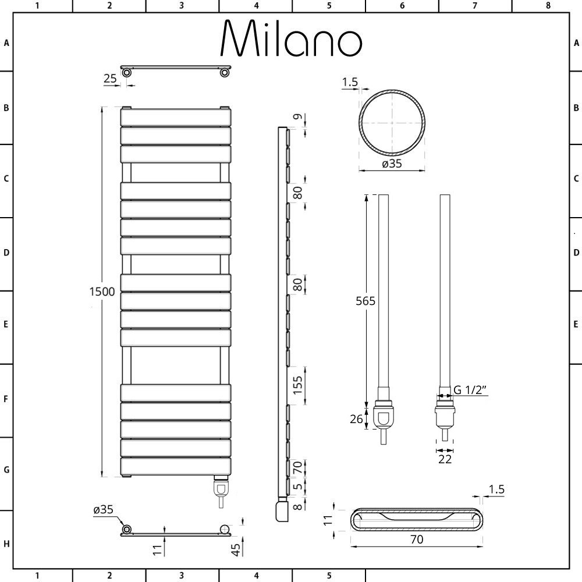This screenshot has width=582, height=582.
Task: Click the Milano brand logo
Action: [x=292, y=38]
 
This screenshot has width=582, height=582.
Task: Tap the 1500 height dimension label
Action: [x=102, y=292]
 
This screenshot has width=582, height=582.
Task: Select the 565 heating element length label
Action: [x=365, y=301]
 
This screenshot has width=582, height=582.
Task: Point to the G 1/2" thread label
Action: [x=470, y=390]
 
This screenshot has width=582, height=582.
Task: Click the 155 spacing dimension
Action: [x=297, y=385]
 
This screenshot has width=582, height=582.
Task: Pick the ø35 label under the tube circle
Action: [x=392, y=164]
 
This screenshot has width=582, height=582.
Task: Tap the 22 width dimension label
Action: [x=445, y=459]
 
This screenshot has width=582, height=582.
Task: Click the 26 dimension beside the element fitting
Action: [x=356, y=419]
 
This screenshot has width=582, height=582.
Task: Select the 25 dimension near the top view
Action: [x=110, y=79]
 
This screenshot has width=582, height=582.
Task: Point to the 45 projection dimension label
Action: [x=236, y=550]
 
